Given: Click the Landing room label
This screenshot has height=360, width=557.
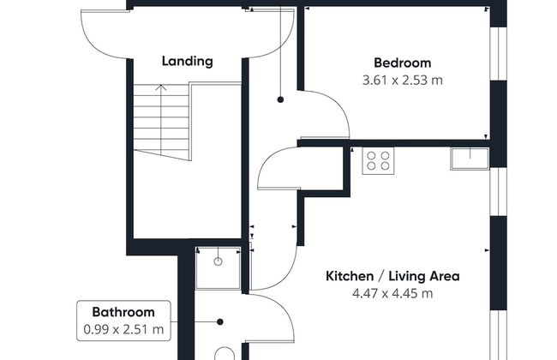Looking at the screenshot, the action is pyautogui.click(x=187, y=61).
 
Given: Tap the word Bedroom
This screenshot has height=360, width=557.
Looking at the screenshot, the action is pyautogui.click(x=403, y=63).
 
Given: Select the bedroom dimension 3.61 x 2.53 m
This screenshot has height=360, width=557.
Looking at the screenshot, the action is pyautogui.click(x=403, y=81).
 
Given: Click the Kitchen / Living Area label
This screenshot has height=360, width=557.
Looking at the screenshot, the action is pyautogui.click(x=392, y=276).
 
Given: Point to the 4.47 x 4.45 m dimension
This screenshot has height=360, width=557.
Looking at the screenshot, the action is pyautogui.click(x=392, y=293).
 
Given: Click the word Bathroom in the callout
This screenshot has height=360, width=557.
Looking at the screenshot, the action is pyautogui.click(x=123, y=312).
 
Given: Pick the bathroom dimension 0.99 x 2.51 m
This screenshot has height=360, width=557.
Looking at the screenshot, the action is pyautogui.click(x=123, y=329).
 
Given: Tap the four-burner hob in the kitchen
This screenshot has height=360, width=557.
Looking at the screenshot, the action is pyautogui.click(x=378, y=161).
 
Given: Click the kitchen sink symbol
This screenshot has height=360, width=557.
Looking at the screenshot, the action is pyautogui.click(x=470, y=159).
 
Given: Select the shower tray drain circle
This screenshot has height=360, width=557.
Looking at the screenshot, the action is pyautogui.click(x=219, y=261).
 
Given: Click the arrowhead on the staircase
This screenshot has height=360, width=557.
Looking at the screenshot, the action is pyautogui.click(x=161, y=87).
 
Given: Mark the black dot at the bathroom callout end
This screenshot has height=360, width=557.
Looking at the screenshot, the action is pyautogui.click(x=220, y=322).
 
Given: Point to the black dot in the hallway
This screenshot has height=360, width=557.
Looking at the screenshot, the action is pyautogui.click(x=280, y=100).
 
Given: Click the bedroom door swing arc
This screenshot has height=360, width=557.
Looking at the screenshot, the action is pyautogui.click(x=339, y=106).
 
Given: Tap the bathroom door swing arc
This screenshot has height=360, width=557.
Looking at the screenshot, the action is pyautogui.click(x=284, y=310).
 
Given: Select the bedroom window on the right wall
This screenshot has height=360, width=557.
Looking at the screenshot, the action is pyautogui.click(x=499, y=54).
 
